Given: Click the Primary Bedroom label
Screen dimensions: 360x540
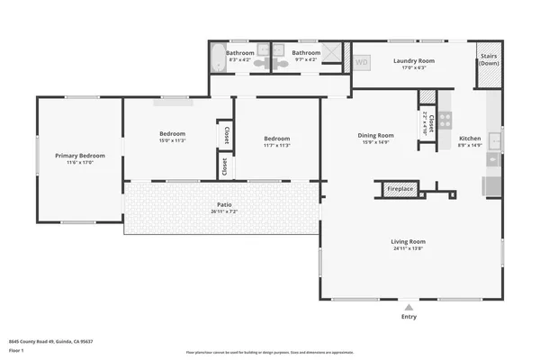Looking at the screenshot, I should [x=80, y=156].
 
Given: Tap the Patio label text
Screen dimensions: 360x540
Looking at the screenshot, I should [x=224, y=204].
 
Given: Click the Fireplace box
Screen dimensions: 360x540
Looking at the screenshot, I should [x=400, y=189].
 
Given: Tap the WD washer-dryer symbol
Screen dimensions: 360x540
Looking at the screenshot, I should [x=362, y=63].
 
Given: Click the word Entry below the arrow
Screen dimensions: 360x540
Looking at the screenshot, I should [x=409, y=317].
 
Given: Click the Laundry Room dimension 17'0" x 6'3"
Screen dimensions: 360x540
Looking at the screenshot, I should [x=414, y=67].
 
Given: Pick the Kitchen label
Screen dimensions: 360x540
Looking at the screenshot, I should [x=471, y=139].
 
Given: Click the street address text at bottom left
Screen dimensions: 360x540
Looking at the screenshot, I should [x=51, y=341].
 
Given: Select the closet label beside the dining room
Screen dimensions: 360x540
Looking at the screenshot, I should [x=431, y=122].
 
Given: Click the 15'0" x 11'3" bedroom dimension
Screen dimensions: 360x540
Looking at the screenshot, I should [x=172, y=140].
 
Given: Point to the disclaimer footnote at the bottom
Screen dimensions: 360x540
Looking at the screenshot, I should [x=270, y=352].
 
